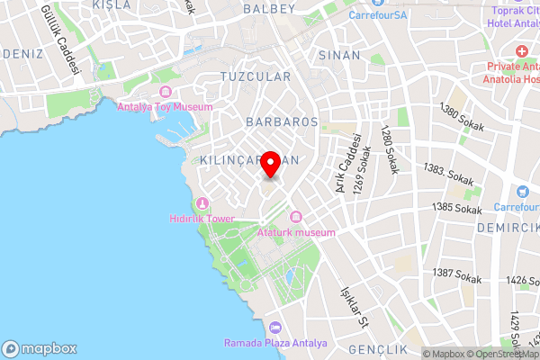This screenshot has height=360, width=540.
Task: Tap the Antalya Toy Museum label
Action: [x=166, y=106]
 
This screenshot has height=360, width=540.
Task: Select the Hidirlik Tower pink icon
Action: [x=202, y=202]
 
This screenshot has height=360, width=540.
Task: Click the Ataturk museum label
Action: [x=296, y=232]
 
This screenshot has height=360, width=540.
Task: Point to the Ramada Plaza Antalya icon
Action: [x=275, y=327]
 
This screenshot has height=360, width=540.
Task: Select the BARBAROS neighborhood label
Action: [x=283, y=120]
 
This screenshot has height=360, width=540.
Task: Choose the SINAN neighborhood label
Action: [x=339, y=55]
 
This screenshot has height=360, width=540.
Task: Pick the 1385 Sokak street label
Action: [x=456, y=208]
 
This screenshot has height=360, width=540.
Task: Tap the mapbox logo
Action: [x=40, y=348]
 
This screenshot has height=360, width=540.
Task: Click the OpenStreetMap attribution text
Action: [x=500, y=354]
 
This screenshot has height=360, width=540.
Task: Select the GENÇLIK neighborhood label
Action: [x=377, y=349]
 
